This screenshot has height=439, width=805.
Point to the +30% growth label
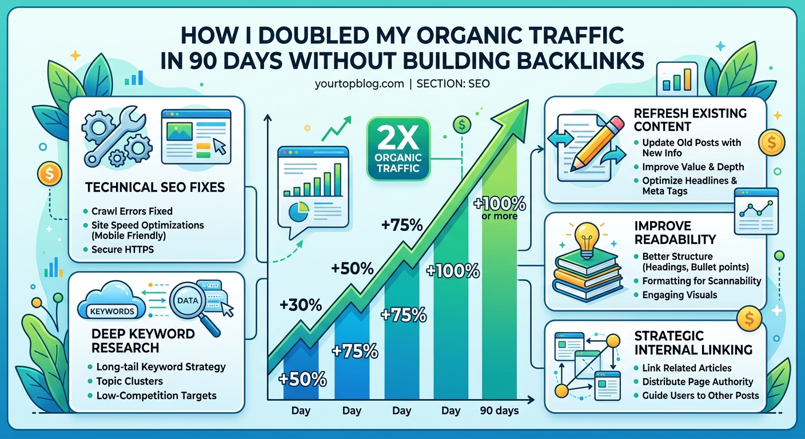pyautogui.click(x=301, y=305)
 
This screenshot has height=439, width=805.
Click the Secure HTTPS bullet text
pyautogui.click(x=123, y=249)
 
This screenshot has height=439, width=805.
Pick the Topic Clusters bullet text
pyautogui.click(x=129, y=381)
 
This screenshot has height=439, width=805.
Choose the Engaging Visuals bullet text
pyautogui.click(x=679, y=295)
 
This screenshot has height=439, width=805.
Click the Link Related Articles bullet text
pyautogui.click(x=687, y=368)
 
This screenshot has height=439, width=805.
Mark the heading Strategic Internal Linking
pyautogui.click(x=693, y=342)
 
